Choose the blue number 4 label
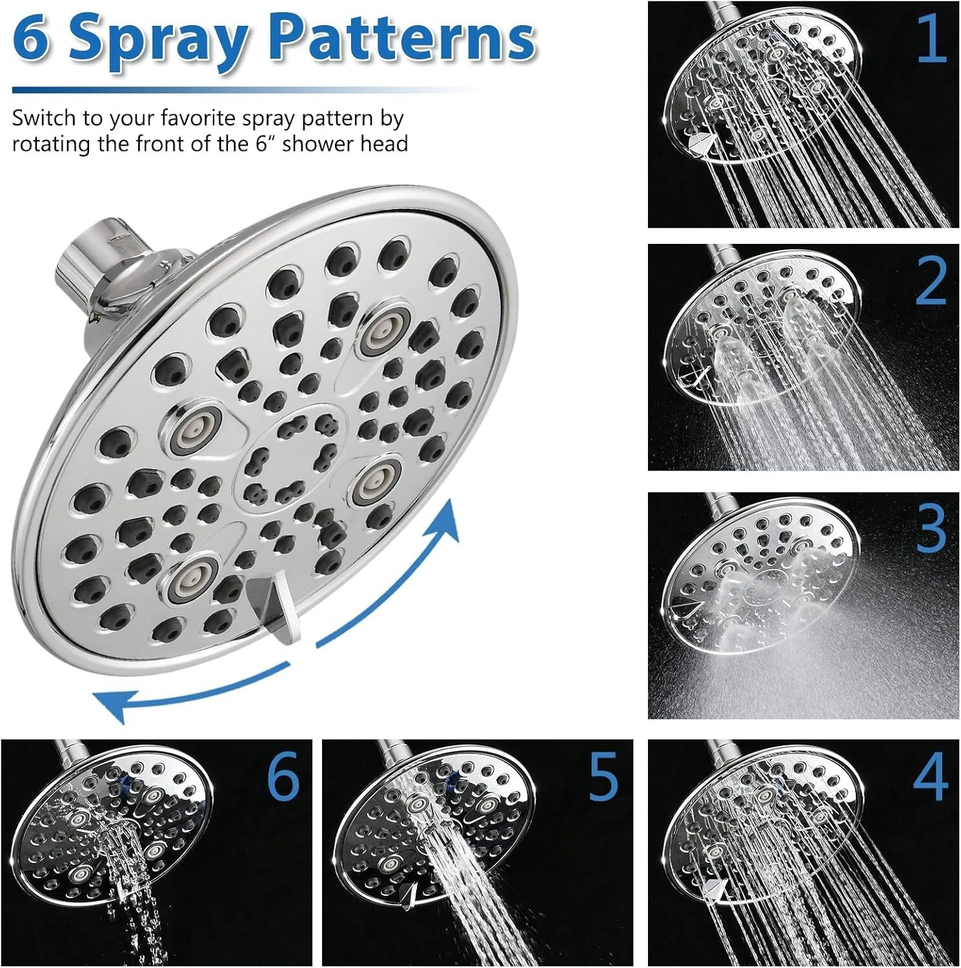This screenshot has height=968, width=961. click(931, 777)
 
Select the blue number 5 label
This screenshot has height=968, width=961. click(603, 777)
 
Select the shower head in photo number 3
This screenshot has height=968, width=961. click(762, 587)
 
